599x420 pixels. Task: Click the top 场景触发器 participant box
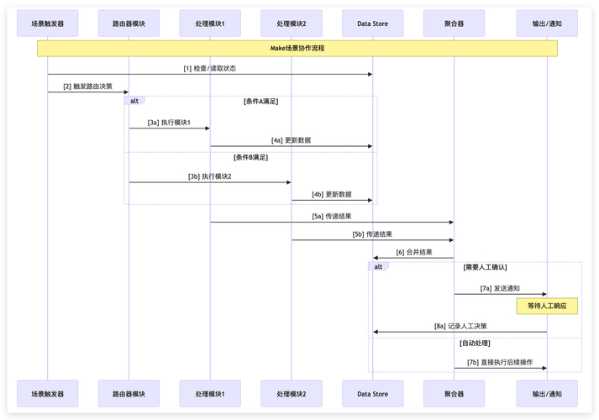47,23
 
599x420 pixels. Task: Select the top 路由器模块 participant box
129,23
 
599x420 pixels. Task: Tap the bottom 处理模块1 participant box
210,393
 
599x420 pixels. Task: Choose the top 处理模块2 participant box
292,23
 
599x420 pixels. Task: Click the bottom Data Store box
372,393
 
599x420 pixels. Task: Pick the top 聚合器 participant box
454,23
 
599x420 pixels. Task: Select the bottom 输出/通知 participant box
547,393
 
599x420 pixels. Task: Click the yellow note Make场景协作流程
297,49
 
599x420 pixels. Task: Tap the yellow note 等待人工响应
547,306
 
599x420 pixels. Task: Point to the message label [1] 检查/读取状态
210,68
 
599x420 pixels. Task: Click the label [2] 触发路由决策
87,86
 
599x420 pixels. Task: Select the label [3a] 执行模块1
169,122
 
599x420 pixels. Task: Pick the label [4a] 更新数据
291,140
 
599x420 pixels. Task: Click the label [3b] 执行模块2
209,176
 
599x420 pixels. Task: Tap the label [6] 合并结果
413,252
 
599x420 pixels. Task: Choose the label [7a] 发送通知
500,288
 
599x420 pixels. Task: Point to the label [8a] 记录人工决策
460,326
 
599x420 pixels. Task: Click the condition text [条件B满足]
250,157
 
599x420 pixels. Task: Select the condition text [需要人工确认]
485,266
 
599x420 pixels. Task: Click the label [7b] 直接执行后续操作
500,362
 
